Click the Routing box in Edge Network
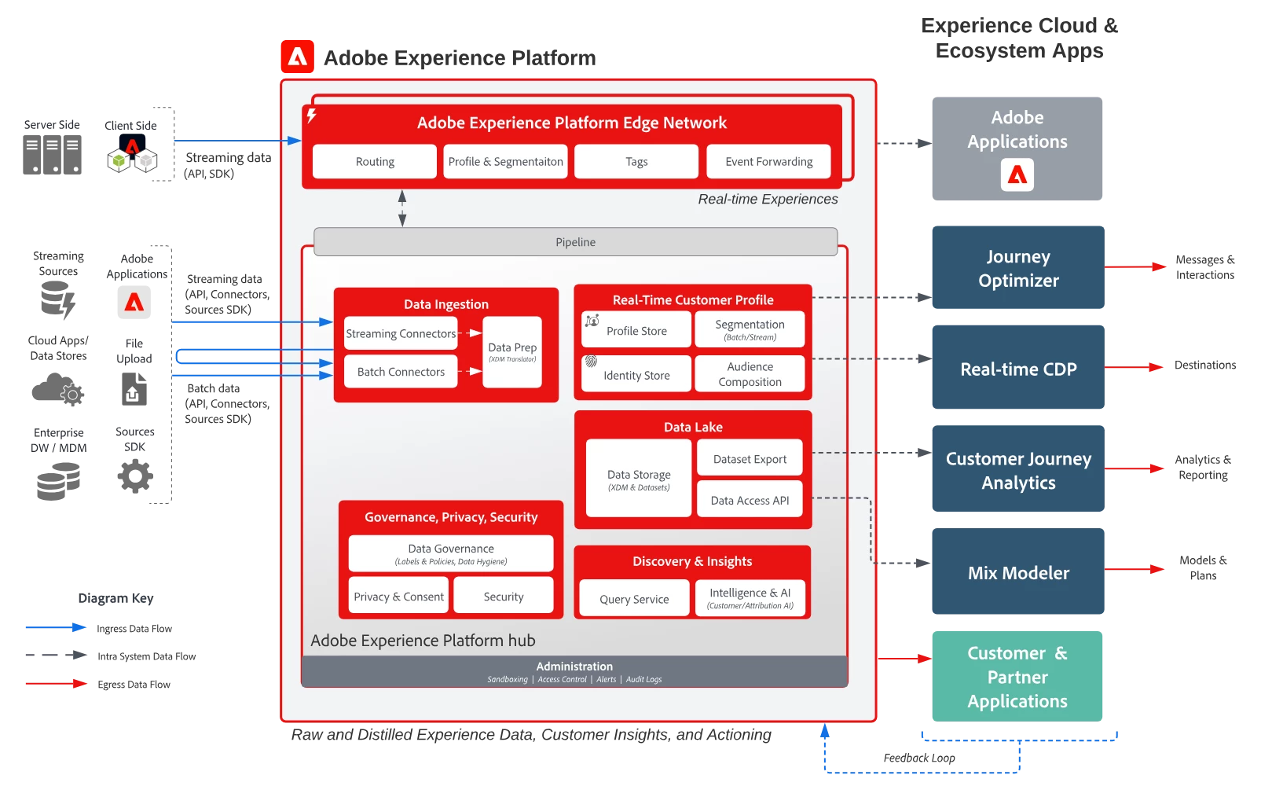tap(375, 162)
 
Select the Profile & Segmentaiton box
tap(505, 162)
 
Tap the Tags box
tap(636, 162)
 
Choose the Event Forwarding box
tap(768, 162)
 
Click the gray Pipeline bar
tap(575, 242)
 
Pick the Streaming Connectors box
tap(401, 333)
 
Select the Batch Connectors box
tap(401, 372)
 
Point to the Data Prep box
tap(512, 351)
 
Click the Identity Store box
tap(636, 374)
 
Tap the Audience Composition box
tap(750, 374)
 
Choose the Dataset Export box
tap(750, 459)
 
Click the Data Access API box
tap(750, 500)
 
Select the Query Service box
tap(634, 599)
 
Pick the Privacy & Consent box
tap(398, 597)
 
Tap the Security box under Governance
tap(504, 597)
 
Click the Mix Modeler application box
tap(1018, 572)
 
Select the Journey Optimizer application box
tap(1018, 268)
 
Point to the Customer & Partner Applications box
tap(1017, 677)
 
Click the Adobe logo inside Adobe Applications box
tap(1017, 175)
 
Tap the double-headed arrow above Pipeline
tap(402, 208)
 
